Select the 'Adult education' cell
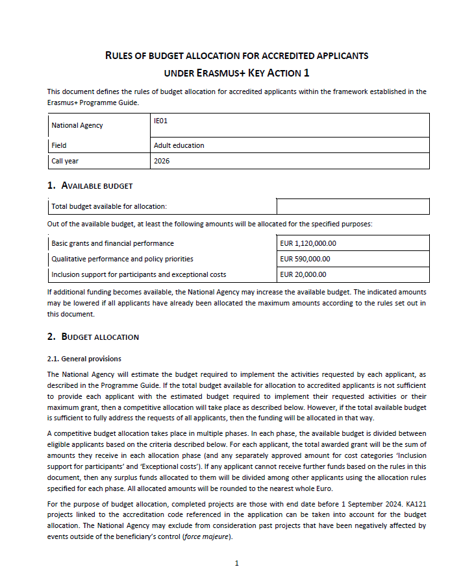(179, 145)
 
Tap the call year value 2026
(162, 161)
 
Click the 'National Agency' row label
(77, 125)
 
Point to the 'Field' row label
(59, 145)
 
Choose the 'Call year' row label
(65, 161)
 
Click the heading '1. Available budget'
(90, 186)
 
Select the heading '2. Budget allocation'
(94, 337)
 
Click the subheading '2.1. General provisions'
(84, 359)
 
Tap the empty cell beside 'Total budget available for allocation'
(353, 206)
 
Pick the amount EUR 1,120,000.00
(308, 243)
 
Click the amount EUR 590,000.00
(305, 259)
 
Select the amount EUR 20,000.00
(303, 274)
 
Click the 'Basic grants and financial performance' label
(112, 243)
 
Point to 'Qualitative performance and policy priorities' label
(122, 259)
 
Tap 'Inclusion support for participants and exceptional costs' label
(138, 274)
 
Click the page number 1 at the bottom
(237, 563)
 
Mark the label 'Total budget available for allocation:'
(109, 206)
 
